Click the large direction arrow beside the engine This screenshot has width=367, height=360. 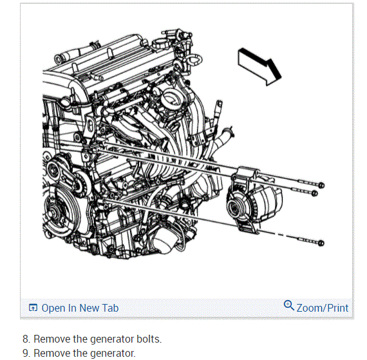click(x=260, y=66)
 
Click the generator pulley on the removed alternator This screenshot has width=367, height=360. click(x=234, y=207)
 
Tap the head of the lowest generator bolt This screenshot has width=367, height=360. click(x=321, y=243)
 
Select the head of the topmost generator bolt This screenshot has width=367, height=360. click(x=321, y=185)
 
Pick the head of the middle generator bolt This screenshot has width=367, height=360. click(x=315, y=193)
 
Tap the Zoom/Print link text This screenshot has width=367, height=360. click(x=323, y=308)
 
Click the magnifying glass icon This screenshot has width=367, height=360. click(x=289, y=305)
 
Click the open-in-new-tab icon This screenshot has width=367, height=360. click(x=33, y=308)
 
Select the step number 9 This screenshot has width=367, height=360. click(x=26, y=353)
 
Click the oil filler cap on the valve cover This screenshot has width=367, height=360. click(x=162, y=44)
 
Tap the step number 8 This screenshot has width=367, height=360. click(x=26, y=339)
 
